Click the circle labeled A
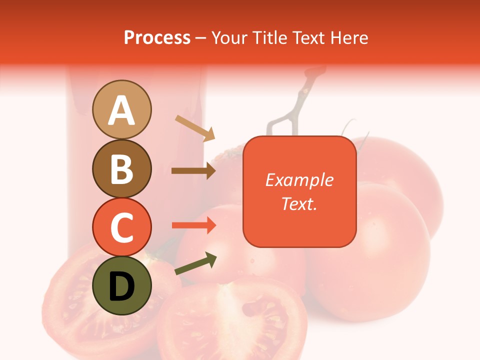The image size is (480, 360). coord(121,109)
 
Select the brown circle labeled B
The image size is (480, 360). coord(121,168)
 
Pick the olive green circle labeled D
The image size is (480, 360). coord(121,285)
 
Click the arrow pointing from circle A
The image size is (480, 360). coord(195,128)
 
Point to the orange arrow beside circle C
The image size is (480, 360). coord(193,225)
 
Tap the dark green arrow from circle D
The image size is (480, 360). coord(195,264)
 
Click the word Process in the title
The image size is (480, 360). coord(157,37)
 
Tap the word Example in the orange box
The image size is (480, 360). coord(299,180)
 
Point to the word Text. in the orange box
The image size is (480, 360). coord(299,203)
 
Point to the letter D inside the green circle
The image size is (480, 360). coord(121,286)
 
